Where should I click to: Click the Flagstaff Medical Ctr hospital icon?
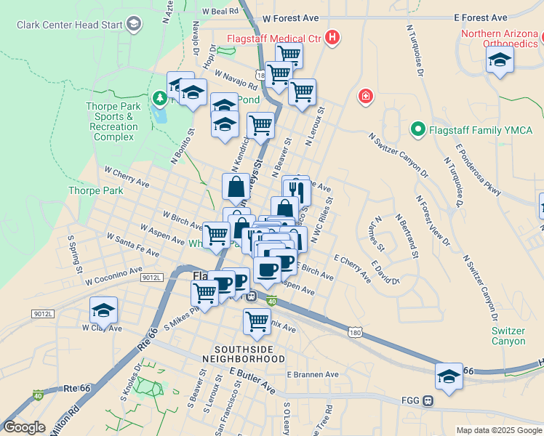coord(332,36)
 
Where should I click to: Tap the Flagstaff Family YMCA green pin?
coord(417,131)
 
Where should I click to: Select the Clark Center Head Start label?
coord(71,25)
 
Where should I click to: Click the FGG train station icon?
coord(429,400)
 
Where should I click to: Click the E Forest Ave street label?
coord(480,17)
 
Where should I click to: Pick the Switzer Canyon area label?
coord(508,336)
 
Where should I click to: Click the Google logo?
coord(24,427)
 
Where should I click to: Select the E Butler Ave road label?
coord(252,380)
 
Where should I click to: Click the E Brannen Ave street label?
coord(313,374)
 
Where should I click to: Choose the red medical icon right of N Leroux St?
coord(365,96)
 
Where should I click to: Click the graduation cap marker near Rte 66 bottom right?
coord(449,376)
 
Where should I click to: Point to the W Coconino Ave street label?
coord(113,276)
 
